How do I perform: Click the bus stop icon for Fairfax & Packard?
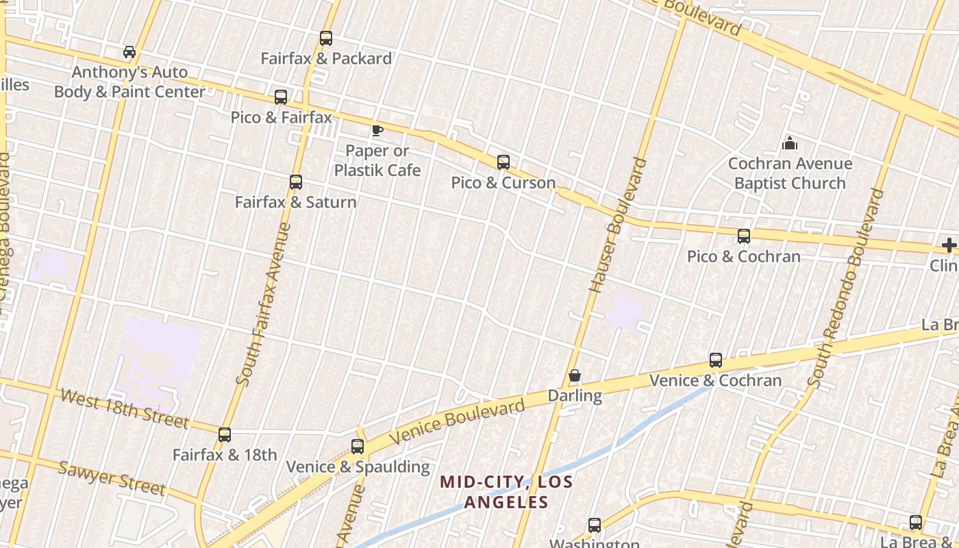click(x=326, y=38)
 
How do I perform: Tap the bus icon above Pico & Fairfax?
click(x=281, y=97)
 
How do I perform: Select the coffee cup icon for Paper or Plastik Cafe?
click(x=377, y=130)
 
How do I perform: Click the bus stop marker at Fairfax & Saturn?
click(x=296, y=182)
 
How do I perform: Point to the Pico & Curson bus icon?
click(x=503, y=162)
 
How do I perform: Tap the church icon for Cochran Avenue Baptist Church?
click(x=790, y=143)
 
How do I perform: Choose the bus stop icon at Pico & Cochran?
click(x=744, y=236)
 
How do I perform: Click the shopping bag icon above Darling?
click(x=575, y=376)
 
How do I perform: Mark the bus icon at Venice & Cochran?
click(x=716, y=360)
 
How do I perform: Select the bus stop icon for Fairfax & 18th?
click(x=225, y=435)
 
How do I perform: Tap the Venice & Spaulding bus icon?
click(x=358, y=447)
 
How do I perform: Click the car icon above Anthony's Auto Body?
click(x=129, y=52)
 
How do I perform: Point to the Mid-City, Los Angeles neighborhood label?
click(x=506, y=492)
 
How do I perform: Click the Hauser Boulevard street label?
click(x=618, y=225)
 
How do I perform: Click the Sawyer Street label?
click(x=111, y=477)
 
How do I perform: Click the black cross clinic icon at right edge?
click(x=949, y=245)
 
